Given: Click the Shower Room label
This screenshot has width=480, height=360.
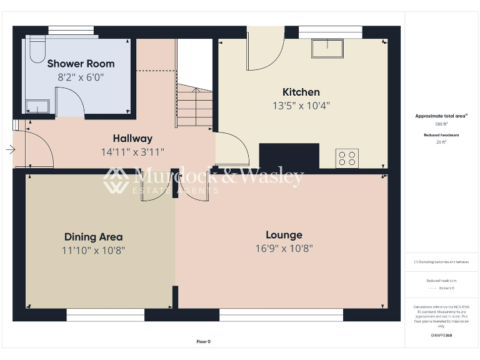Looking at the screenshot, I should pos(81,63).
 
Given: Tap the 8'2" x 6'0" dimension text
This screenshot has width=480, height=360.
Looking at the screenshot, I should pos(81,77).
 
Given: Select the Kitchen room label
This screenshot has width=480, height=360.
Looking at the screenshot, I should pos(301,92).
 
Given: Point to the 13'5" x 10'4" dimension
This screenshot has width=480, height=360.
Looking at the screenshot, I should pos(301,106).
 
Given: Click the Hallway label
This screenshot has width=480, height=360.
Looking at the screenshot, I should pos(132,138).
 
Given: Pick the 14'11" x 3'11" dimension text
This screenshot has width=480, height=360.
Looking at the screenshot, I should pos(132,152).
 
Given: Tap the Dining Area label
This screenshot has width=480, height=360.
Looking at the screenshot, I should pos(93,237).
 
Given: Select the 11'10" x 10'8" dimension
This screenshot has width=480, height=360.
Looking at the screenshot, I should pos(93,251).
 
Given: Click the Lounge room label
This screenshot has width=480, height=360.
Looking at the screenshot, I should pos(284,235).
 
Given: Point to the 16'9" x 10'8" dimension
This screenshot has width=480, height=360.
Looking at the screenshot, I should pos(284,248).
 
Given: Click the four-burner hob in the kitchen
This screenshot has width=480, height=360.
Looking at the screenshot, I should pos(347,158).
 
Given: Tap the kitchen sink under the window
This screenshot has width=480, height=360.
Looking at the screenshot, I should pos(328,48).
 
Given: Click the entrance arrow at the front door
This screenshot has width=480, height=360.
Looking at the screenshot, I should pos(10,149).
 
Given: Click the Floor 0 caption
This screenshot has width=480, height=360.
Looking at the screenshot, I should pos(204,341).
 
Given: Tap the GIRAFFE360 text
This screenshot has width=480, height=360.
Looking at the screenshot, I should pos(441,336).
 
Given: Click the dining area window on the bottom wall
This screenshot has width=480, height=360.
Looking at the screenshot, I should pos(105,315).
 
